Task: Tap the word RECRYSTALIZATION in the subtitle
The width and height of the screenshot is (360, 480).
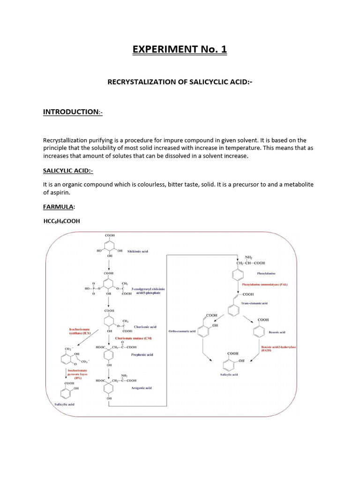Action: coord(141,82)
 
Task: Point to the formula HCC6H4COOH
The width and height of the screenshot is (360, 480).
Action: coord(62,221)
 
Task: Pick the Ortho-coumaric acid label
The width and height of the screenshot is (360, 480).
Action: coord(180,332)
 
